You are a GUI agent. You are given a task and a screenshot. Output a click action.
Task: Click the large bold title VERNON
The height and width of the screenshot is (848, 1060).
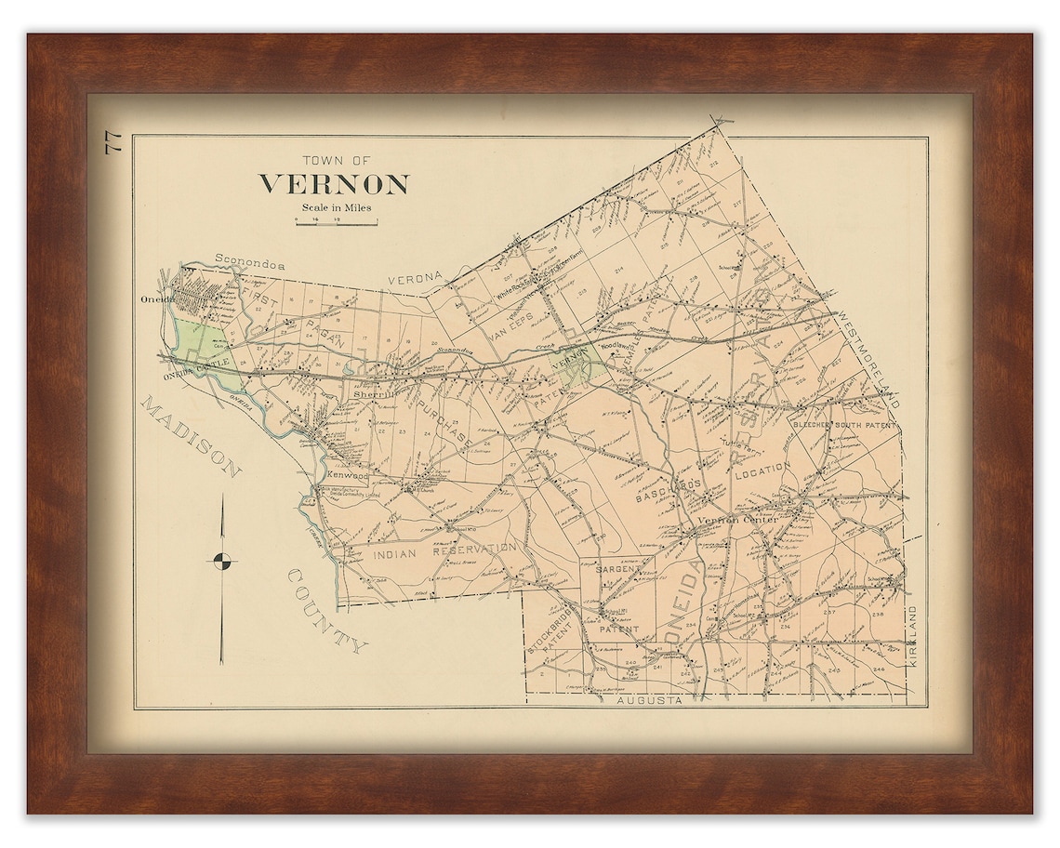tap(333, 184)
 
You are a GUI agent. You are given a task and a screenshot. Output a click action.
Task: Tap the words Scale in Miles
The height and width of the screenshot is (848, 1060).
tap(336, 207)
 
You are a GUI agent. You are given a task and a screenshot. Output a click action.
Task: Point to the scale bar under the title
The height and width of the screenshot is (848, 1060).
tap(336, 222)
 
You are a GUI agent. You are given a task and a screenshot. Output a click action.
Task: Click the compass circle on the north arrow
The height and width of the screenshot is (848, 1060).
tap(222, 560)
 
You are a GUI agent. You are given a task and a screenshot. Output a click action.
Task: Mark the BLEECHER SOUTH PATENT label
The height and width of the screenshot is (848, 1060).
tap(844, 425)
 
